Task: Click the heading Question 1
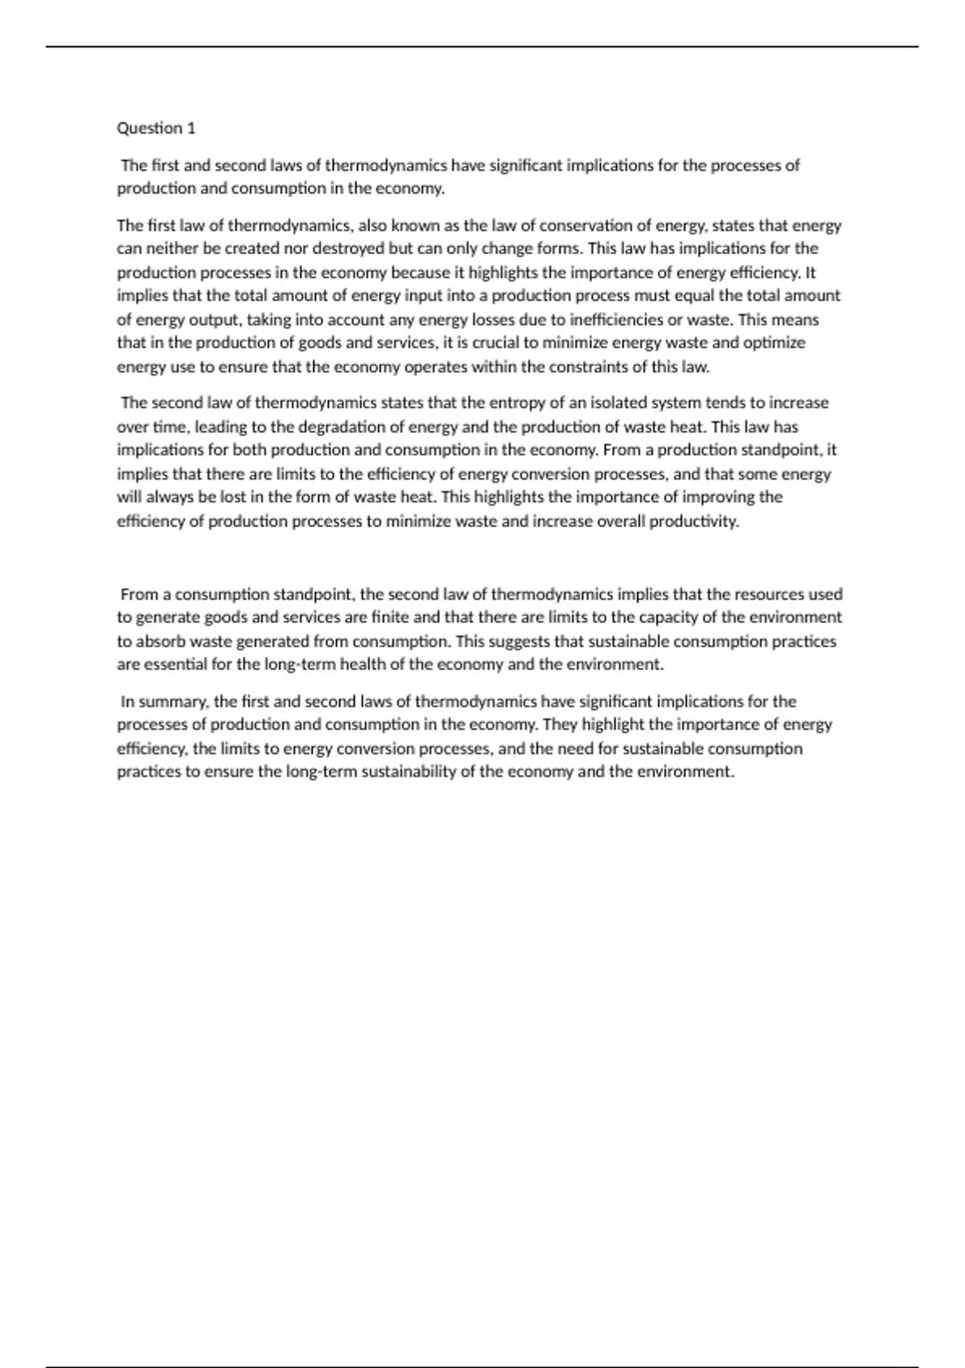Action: (156, 128)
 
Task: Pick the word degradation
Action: (353, 426)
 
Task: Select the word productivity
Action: (693, 521)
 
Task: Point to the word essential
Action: (175, 665)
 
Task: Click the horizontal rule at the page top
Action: (482, 47)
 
